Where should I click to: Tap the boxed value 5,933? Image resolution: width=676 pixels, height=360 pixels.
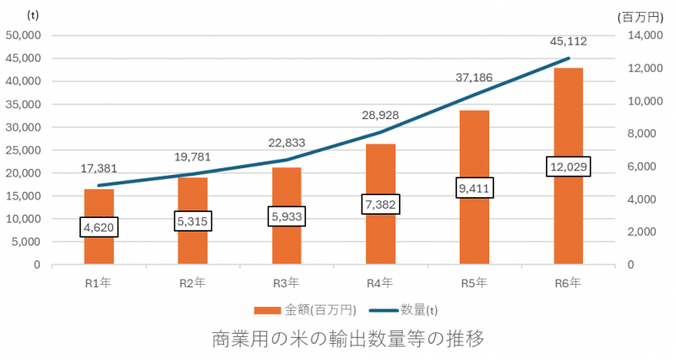(287, 217)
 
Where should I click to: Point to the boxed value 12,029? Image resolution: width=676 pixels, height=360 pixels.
(568, 166)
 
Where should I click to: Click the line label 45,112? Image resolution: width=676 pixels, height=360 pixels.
(568, 41)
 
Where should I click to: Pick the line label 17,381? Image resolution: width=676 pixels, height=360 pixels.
(99, 169)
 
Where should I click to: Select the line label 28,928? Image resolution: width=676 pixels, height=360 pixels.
(380, 113)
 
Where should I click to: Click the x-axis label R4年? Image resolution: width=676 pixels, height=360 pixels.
(380, 283)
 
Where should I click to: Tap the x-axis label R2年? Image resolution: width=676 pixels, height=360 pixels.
(193, 283)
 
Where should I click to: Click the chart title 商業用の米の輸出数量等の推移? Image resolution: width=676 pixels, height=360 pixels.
(347, 340)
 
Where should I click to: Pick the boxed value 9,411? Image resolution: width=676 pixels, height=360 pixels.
(474, 188)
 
